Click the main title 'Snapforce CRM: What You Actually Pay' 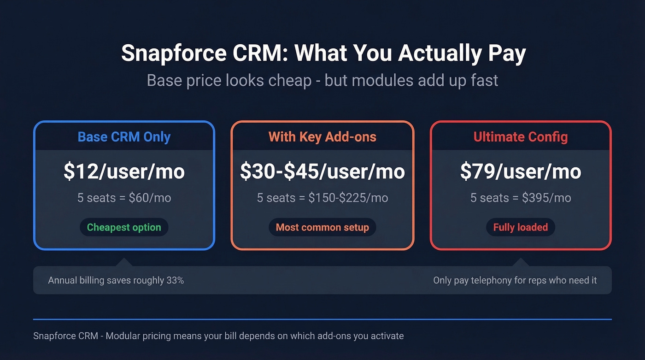[x=323, y=53]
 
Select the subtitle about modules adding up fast [x=322, y=81]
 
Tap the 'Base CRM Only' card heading [x=124, y=137]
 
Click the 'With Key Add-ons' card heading [x=322, y=137]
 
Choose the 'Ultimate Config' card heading [x=521, y=137]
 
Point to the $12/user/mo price [x=124, y=171]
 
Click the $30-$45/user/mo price [x=322, y=171]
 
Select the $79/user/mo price [x=521, y=171]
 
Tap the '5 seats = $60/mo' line [x=124, y=198]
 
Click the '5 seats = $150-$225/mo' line [x=322, y=198]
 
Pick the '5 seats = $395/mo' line [x=521, y=198]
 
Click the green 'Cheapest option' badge [x=124, y=227]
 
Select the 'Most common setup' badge [x=322, y=227]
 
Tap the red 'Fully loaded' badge [x=521, y=227]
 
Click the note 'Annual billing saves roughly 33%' [x=116, y=280]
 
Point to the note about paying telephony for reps [x=515, y=280]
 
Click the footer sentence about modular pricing [x=218, y=336]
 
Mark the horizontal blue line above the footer [x=322, y=319]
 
